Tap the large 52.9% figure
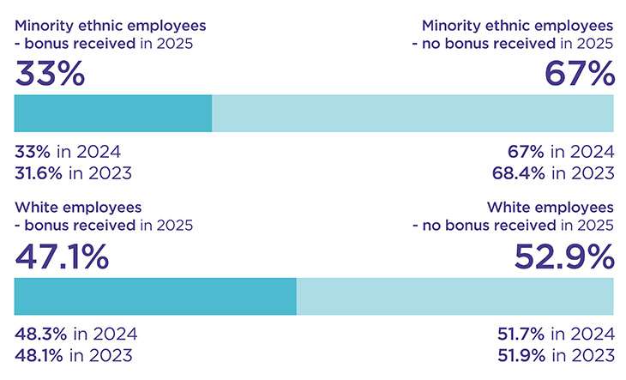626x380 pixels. tap(563, 256)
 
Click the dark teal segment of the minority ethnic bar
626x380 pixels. tap(113, 113)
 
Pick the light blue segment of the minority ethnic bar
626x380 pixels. tap(412, 113)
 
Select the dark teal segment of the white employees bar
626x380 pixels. tap(155, 296)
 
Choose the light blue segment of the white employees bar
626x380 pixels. tap(454, 296)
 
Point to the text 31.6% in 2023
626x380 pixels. tap(73, 173)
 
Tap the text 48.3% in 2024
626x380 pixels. tap(75, 335)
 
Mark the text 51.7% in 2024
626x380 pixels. tap(556, 335)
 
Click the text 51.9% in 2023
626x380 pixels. tap(556, 355)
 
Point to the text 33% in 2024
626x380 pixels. tap(67, 153)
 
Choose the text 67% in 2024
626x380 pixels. tap(562, 153)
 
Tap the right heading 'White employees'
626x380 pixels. tap(550, 208)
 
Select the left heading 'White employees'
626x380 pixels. tap(78, 208)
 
